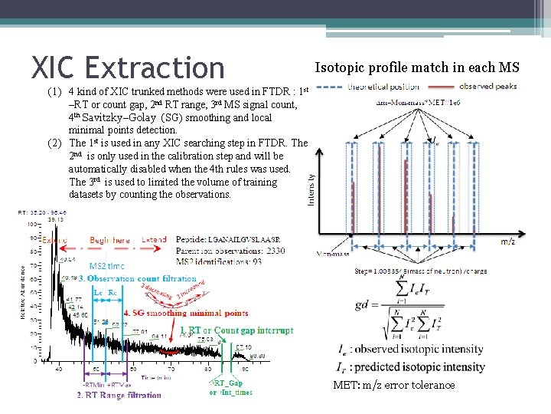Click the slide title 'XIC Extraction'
point(127,67)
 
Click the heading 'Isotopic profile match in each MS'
point(417,67)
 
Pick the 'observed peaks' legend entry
point(488,87)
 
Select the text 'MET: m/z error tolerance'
point(394,385)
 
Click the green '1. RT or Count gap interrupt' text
point(236,330)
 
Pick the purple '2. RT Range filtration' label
point(119,396)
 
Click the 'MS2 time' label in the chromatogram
point(107,266)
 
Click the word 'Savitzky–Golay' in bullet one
point(123,117)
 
